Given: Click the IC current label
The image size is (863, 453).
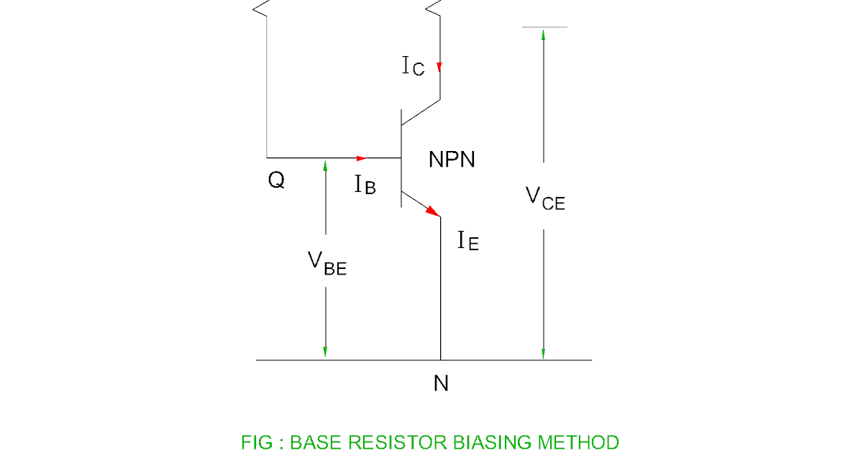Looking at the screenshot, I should tap(413, 66).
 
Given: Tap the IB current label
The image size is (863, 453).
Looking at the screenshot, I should tap(365, 185).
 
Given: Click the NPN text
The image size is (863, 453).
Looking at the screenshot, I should tap(452, 159).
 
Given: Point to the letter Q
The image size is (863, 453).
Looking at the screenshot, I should tap(276, 180).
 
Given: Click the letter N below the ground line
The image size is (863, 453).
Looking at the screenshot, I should tap(441, 384).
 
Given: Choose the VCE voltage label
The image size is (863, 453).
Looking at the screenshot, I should tap(545, 198).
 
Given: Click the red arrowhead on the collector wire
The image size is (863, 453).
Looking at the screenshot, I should tap(439, 68).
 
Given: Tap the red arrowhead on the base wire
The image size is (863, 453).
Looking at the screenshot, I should tap(362, 157).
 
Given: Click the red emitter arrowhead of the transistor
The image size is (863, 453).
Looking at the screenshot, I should tap(432, 211).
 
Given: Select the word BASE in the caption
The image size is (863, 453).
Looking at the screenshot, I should tap(313, 442).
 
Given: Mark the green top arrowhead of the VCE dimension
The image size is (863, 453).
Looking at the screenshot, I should tap(544, 35).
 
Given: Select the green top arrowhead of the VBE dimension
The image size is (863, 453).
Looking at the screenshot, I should tap(325, 165).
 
